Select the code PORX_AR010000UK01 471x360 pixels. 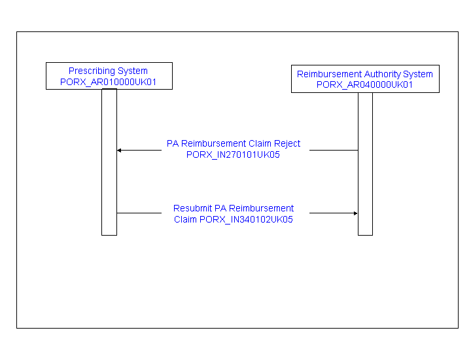click(x=108, y=82)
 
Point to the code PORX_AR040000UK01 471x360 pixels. click(x=364, y=84)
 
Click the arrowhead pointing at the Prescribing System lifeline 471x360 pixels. click(x=119, y=151)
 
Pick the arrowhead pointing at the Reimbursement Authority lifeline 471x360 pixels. click(x=355, y=213)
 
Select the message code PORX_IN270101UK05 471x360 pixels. click(x=233, y=154)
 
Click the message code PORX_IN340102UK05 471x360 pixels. click(x=246, y=220)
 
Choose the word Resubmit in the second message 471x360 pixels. click(x=192, y=208)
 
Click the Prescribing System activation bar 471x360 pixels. click(x=109, y=162)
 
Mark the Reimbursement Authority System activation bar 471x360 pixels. click(x=365, y=164)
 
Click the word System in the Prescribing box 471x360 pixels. click(x=132, y=71)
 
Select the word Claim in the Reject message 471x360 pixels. click(x=261, y=143)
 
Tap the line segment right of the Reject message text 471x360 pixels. click(x=334, y=151)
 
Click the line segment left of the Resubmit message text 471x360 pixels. click(x=139, y=213)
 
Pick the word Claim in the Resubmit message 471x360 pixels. click(x=185, y=220)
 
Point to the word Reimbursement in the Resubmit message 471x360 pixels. click(x=261, y=208)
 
